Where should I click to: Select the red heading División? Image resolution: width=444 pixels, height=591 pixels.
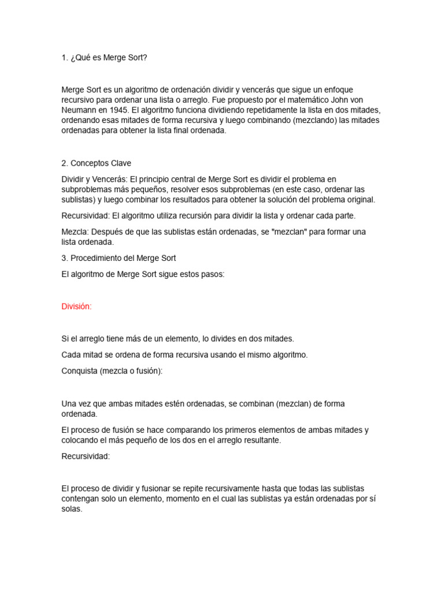[76, 306]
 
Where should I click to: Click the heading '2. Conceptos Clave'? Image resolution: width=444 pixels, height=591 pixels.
[96, 163]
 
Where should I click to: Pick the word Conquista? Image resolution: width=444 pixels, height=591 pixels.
[79, 371]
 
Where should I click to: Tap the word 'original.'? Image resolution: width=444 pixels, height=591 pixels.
[358, 200]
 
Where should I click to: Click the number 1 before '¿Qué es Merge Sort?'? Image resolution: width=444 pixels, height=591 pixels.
[64, 58]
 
